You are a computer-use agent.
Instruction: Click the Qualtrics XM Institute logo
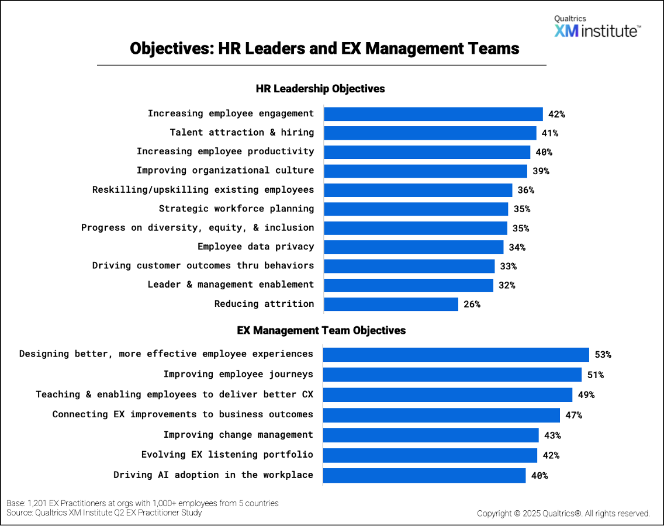(x=597, y=27)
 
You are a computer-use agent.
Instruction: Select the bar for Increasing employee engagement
(x=433, y=114)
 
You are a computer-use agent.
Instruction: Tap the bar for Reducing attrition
(x=390, y=304)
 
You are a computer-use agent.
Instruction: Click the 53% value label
(x=603, y=354)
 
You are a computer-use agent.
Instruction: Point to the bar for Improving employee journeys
(x=452, y=375)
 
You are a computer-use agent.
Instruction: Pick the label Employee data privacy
(x=255, y=247)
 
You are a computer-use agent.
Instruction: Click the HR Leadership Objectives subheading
(x=320, y=89)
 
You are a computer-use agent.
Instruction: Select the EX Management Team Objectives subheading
(x=321, y=330)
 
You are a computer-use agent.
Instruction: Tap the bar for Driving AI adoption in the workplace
(x=424, y=475)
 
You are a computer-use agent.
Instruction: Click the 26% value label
(x=472, y=304)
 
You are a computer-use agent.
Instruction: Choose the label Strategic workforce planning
(x=236, y=209)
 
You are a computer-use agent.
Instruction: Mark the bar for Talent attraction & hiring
(x=430, y=133)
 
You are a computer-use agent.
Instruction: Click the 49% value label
(x=586, y=394)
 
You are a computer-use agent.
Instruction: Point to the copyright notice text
(x=563, y=514)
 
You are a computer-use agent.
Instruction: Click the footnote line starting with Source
(x=104, y=513)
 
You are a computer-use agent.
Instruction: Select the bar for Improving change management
(x=431, y=435)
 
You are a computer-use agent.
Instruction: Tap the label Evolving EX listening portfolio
(x=227, y=455)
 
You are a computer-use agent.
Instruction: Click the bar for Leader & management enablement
(x=409, y=285)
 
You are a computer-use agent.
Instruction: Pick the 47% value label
(x=574, y=415)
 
